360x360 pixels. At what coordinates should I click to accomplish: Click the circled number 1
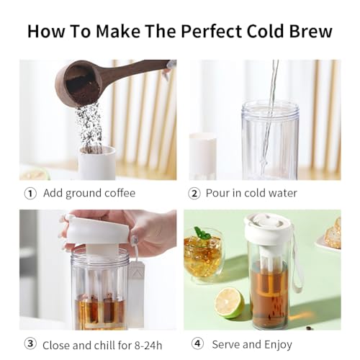point(30,193)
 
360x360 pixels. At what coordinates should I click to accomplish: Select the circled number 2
point(194,193)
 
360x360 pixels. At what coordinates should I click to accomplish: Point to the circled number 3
point(30,344)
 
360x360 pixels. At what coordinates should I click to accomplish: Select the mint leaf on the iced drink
point(203,234)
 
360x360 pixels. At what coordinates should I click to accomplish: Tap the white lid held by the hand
point(96,232)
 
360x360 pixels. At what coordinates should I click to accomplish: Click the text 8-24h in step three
point(152,345)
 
